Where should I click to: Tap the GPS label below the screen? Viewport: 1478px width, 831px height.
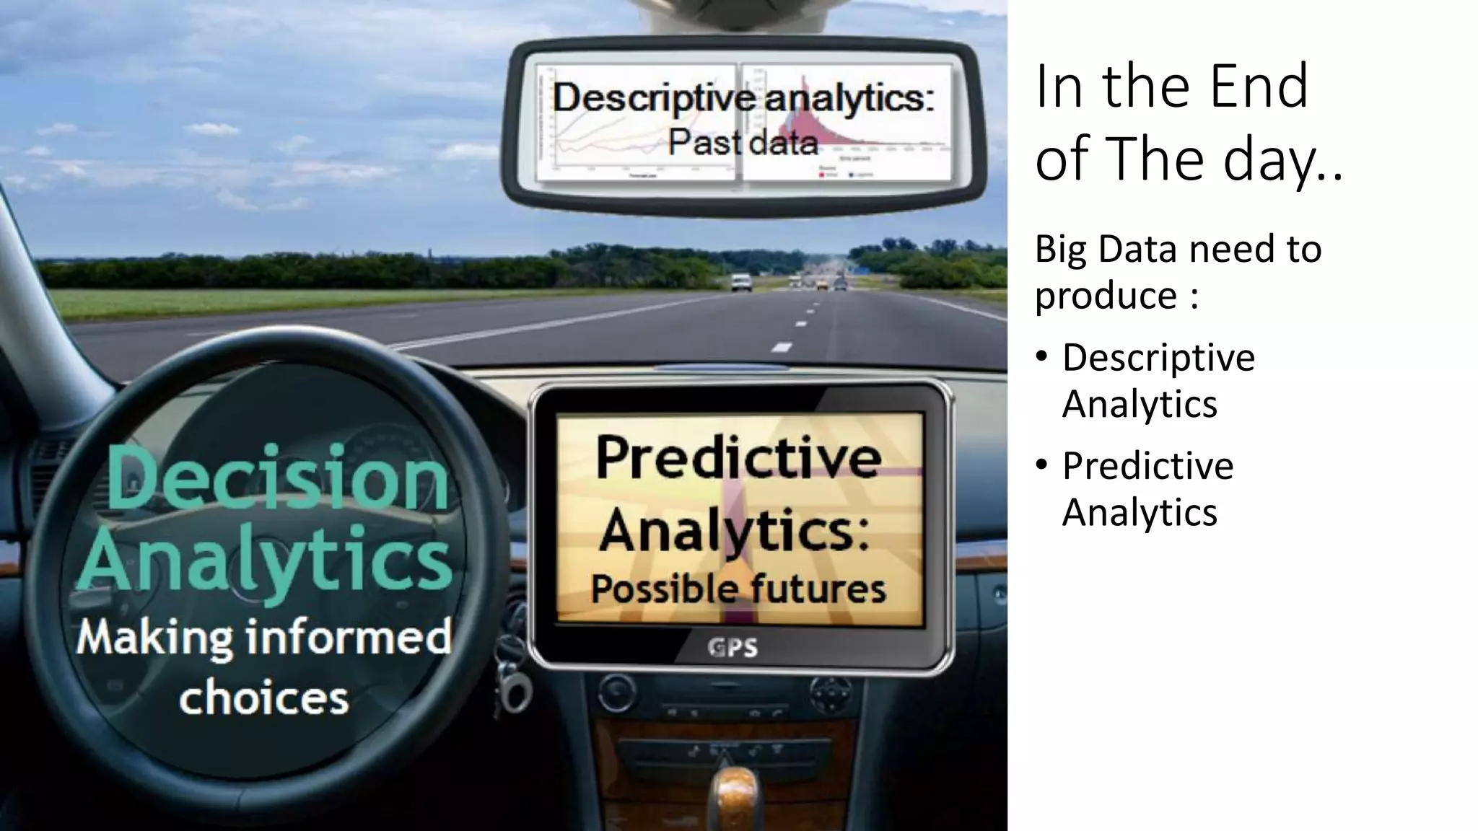point(733,648)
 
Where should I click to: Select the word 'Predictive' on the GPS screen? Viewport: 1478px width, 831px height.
point(738,458)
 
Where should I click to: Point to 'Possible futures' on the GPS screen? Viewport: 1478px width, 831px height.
point(738,589)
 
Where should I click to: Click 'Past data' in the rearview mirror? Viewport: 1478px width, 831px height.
point(743,141)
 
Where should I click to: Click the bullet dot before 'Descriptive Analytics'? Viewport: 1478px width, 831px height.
point(1041,356)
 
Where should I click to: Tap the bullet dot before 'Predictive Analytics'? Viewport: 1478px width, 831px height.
point(1041,465)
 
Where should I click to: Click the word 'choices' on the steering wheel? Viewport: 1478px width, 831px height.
point(264,698)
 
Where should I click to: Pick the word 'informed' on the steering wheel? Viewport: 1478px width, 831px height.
point(349,637)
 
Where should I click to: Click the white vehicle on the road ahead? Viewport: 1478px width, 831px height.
point(741,282)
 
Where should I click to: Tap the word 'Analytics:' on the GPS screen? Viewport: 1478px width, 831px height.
point(735,530)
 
